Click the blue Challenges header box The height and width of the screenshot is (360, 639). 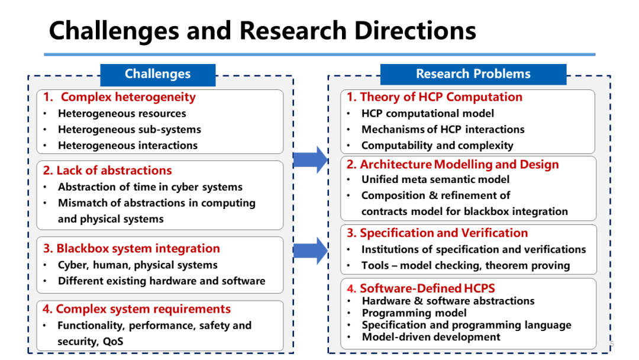point(157,74)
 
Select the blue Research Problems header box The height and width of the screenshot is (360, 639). point(473,74)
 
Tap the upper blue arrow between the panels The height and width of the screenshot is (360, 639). point(310,159)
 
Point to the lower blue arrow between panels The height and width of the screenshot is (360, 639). point(310,250)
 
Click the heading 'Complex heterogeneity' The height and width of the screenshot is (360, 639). point(128,97)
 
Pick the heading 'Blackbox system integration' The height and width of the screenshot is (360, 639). point(138,249)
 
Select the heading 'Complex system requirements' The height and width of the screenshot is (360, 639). point(143,309)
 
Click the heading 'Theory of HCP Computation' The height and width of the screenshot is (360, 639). point(441,97)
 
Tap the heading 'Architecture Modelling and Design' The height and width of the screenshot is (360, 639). point(459,165)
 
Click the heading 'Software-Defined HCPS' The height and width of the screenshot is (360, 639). point(427,289)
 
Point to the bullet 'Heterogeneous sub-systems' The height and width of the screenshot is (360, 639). point(129,130)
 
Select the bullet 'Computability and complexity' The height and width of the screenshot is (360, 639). point(437,146)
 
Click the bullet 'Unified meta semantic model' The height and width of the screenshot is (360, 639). point(435,179)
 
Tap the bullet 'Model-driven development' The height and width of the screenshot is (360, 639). point(431,337)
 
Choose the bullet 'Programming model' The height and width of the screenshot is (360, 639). point(414,313)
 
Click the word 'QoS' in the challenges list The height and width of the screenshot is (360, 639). point(112,342)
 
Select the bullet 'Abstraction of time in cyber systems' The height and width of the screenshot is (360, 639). point(150,187)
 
